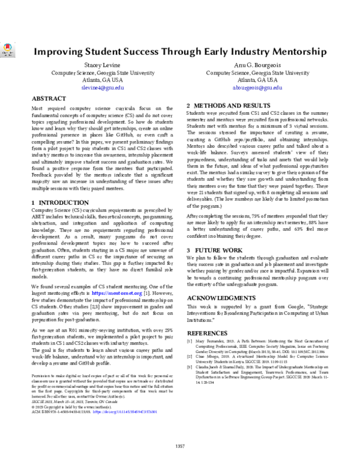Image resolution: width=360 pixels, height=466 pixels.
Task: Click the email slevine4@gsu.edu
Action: pos(102,87)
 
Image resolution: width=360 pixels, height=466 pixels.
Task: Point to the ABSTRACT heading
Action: pos(49,98)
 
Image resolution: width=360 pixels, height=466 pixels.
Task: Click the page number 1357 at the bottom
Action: pos(180,446)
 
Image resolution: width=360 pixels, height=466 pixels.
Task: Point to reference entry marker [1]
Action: pos(190,340)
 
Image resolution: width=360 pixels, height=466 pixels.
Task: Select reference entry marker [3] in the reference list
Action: pos(190,366)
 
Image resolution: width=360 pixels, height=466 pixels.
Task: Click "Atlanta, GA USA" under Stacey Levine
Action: pos(102,79)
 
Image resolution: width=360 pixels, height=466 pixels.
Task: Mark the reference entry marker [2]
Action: pos(190,356)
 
